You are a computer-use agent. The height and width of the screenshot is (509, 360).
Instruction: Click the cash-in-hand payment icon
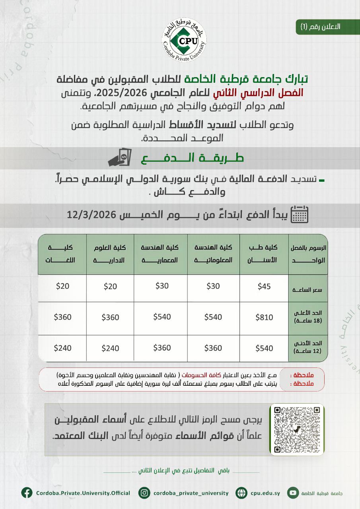pyautogui.click(x=119, y=158)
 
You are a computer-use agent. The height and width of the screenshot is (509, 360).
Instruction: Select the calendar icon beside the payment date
pyautogui.click(x=300, y=214)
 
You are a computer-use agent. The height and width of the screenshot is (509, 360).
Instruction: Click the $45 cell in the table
pyautogui.click(x=264, y=287)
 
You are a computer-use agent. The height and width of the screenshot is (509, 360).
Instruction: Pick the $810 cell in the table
pyautogui.click(x=264, y=317)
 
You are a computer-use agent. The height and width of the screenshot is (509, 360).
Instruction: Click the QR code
pyautogui.click(x=297, y=429)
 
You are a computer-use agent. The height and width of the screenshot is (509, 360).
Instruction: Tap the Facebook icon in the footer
pyautogui.click(x=27, y=493)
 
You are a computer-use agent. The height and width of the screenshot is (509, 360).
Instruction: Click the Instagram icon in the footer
pyautogui.click(x=144, y=493)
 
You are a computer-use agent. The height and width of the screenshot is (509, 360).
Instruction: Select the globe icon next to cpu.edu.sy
pyautogui.click(x=241, y=493)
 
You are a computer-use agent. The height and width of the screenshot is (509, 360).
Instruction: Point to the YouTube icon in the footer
pyautogui.click(x=293, y=493)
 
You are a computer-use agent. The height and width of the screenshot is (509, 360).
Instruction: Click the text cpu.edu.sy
pyautogui.click(x=265, y=493)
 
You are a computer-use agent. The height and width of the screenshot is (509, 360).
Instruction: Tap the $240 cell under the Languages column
pyautogui.click(x=63, y=348)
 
